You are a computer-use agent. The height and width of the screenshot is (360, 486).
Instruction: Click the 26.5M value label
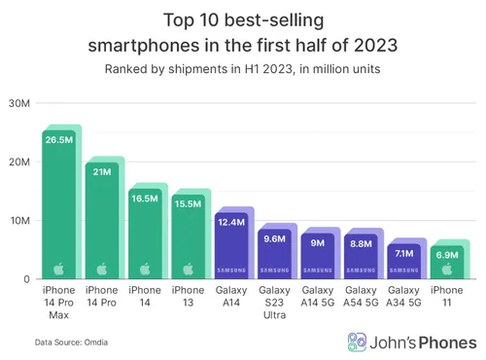[x=59, y=139]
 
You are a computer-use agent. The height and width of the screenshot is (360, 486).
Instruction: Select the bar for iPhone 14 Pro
[x=103, y=224]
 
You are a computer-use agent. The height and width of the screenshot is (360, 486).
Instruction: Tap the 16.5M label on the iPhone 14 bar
[x=146, y=198]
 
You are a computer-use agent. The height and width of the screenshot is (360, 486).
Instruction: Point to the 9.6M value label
[x=273, y=236]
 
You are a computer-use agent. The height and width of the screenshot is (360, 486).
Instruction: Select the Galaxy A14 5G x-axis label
[x=317, y=297]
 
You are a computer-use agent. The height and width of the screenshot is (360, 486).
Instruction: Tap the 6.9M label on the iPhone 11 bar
[x=445, y=254]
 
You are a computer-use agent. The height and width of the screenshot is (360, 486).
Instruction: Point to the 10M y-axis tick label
[x=18, y=221]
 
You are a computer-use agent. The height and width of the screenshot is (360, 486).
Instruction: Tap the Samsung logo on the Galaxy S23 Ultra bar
[x=273, y=270]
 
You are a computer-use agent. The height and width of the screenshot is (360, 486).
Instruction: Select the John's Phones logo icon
[x=358, y=342]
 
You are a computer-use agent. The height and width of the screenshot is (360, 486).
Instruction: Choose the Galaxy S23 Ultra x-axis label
[x=273, y=304]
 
